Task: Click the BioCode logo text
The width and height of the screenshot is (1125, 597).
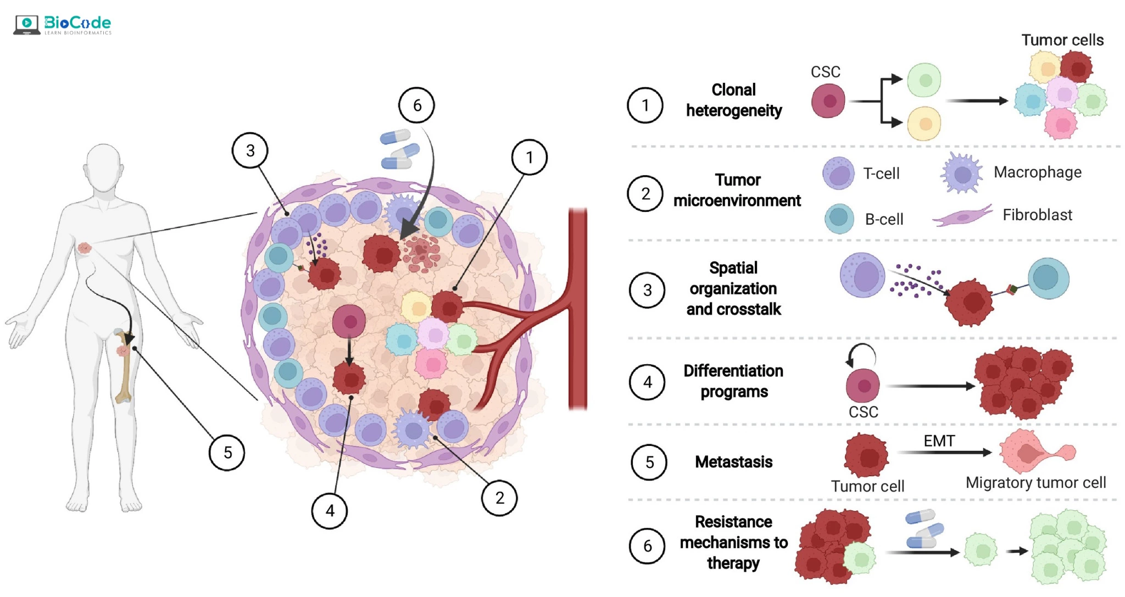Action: (77, 23)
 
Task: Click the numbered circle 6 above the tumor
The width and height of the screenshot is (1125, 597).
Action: (416, 105)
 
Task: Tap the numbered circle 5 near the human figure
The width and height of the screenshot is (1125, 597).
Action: (227, 453)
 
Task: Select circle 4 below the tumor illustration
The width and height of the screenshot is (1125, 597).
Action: (330, 511)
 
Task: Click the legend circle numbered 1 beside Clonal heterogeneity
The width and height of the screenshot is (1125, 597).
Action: (645, 105)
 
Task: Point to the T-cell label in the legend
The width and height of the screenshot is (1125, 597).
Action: (881, 174)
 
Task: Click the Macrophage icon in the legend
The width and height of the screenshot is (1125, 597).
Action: (961, 174)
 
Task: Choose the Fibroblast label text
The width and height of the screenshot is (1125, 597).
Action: (1037, 215)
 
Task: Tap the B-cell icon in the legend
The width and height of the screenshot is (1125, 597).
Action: (839, 219)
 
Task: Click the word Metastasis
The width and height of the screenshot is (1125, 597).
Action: (733, 462)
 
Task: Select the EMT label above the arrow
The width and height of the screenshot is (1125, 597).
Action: (939, 441)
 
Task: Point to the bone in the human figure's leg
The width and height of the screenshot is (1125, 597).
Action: (125, 365)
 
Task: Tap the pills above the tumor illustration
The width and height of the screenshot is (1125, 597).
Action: (399, 149)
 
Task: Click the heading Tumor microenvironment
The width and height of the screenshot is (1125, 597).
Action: (737, 190)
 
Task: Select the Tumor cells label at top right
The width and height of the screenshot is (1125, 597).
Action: (1062, 40)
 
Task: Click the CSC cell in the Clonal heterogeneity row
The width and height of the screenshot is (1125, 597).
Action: (828, 101)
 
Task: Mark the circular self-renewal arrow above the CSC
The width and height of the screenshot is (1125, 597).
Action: (861, 355)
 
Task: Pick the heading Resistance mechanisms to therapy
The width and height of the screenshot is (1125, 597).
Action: (733, 542)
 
